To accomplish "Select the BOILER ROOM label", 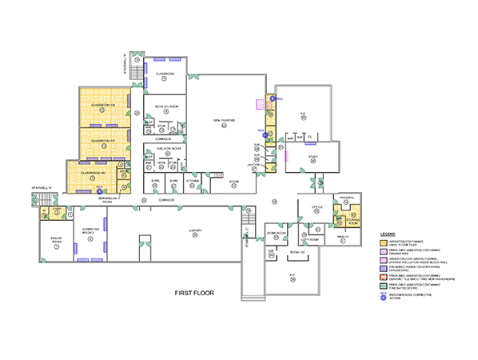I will coord(56,241).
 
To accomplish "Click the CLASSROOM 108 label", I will coord(104,106).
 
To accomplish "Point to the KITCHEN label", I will coord(192,181).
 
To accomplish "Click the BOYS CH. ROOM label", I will coord(166,106).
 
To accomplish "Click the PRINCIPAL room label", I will coord(346,196).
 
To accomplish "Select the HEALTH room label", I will coord(341,238).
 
